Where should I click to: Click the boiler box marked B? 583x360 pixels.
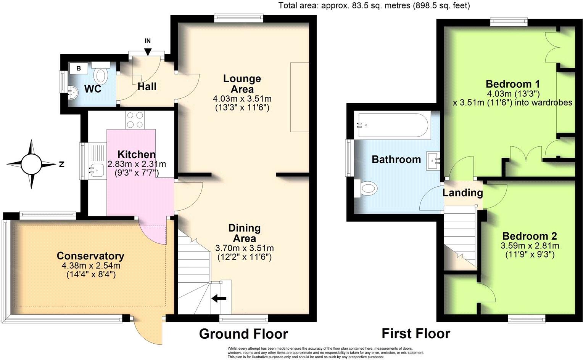[x=79, y=69]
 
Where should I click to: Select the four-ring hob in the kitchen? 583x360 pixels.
[x=135, y=119]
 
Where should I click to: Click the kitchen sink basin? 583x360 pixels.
[x=95, y=168]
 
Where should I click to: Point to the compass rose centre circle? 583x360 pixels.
[x=31, y=165]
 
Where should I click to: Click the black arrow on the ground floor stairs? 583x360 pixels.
[x=219, y=299]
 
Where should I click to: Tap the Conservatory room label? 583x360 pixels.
[x=90, y=256]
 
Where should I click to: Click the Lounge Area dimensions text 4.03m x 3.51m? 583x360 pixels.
[x=242, y=99]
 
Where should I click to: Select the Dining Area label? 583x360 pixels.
[x=244, y=233]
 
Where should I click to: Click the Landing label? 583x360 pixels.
[x=462, y=193]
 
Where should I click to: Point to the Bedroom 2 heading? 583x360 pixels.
[x=530, y=236]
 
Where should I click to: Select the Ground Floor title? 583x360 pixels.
[x=243, y=334]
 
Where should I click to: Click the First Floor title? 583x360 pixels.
[x=416, y=334]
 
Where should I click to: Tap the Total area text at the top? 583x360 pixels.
[x=374, y=5]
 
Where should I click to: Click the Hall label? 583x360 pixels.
[x=147, y=86]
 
